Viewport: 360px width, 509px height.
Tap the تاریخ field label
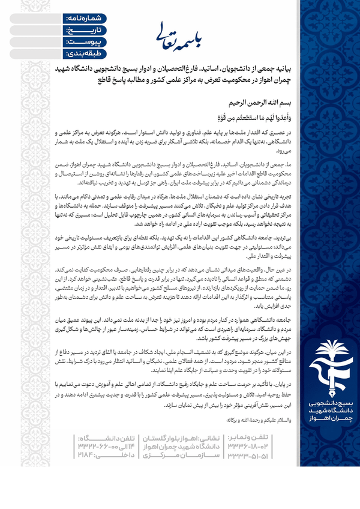pyautogui.click(x=75, y=31)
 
